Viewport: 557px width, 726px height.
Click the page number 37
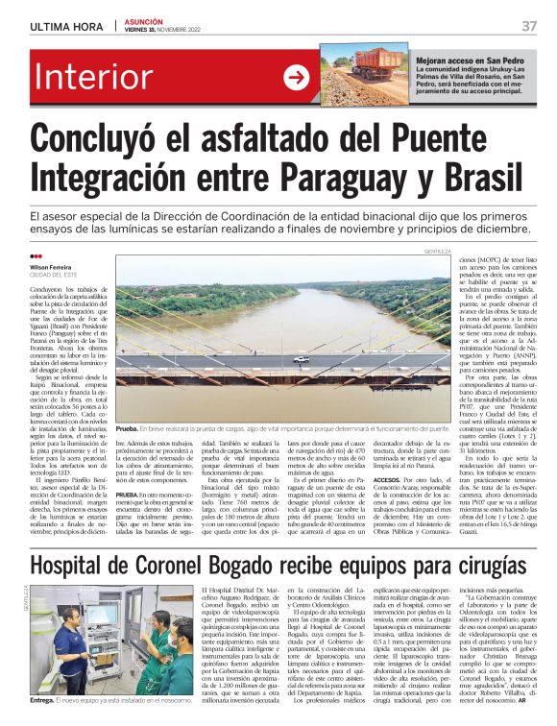tap(529, 25)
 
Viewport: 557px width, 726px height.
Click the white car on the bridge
tap(301, 358)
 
